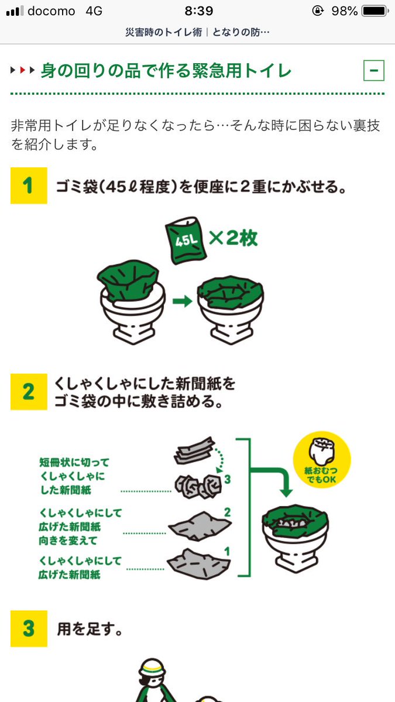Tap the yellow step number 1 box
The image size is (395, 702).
click(x=28, y=185)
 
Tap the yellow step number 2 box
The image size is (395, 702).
click(x=28, y=391)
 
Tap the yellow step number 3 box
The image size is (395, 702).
click(x=28, y=629)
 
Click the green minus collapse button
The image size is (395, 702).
click(x=373, y=71)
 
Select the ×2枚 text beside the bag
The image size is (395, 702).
click(x=233, y=239)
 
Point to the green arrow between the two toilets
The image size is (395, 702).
click(x=182, y=301)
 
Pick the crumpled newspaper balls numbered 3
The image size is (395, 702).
click(x=197, y=485)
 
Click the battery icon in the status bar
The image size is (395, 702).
click(x=373, y=11)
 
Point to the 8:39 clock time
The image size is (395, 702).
click(x=198, y=11)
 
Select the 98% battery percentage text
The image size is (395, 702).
click(x=344, y=11)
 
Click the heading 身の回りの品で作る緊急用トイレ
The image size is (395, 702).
click(x=166, y=71)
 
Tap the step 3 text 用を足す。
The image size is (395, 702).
click(x=90, y=629)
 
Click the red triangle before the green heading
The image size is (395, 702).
click(x=22, y=71)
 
